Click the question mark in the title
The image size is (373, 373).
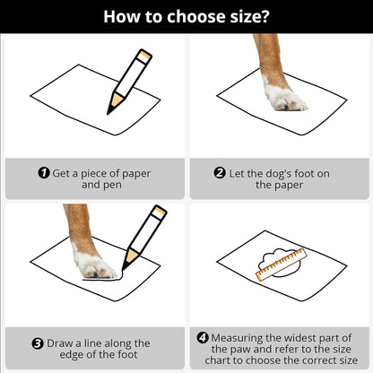(x=265, y=17)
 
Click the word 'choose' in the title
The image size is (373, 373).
(x=195, y=17)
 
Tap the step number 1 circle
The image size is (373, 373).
(x=44, y=173)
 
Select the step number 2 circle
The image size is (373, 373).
(x=220, y=173)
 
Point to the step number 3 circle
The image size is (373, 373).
(x=38, y=343)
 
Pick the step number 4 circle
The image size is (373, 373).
(x=203, y=338)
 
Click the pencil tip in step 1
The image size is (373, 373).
(x=108, y=113)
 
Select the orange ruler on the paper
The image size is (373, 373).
(x=282, y=265)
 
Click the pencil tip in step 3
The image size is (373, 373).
(x=123, y=269)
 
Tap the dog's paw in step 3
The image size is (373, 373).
(x=94, y=263)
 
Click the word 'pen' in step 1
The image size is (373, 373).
(x=112, y=186)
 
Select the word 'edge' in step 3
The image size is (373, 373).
(x=71, y=355)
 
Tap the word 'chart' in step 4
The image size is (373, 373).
(x=218, y=360)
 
